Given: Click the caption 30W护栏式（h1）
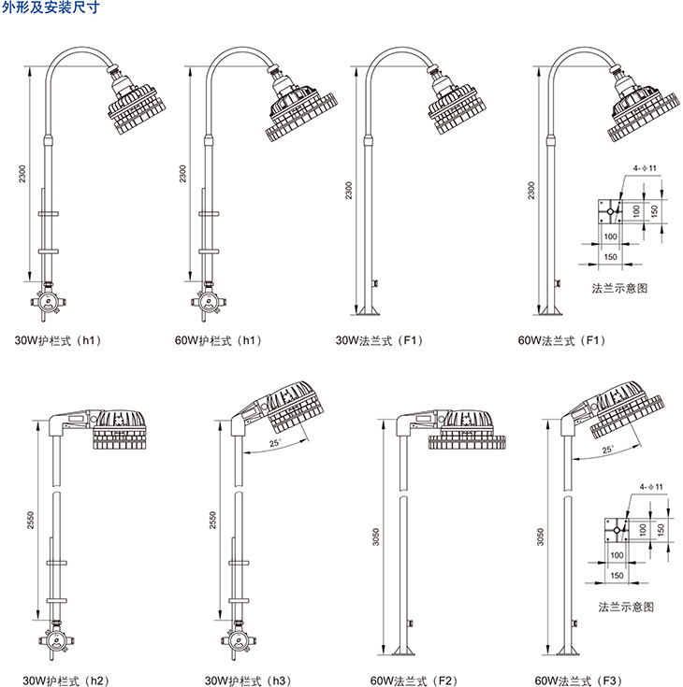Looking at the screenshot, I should pyautogui.click(x=57, y=340).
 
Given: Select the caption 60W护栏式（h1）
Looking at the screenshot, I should pyautogui.click(x=218, y=340).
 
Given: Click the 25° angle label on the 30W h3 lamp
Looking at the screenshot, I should pyautogui.click(x=273, y=443).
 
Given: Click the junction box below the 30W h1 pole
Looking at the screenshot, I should pyautogui.click(x=48, y=301).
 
